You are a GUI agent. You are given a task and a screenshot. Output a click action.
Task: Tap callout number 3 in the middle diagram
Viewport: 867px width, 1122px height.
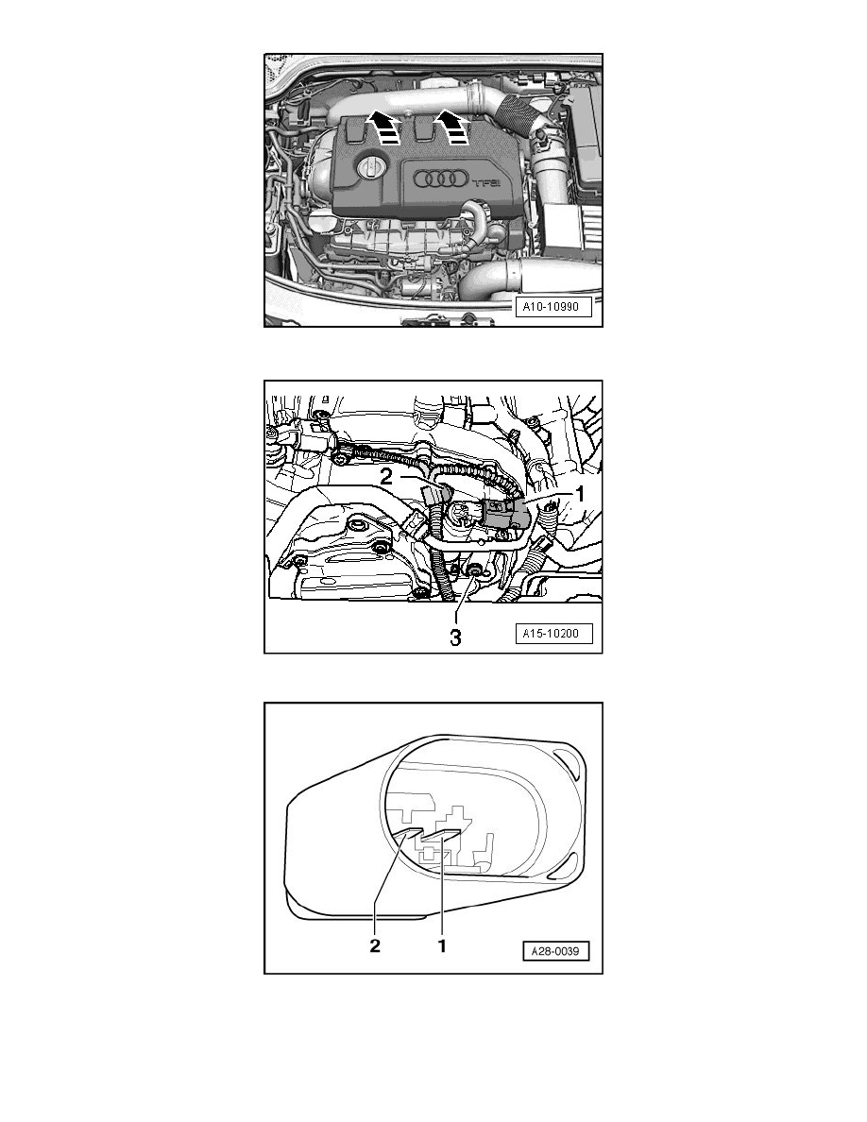[x=455, y=637]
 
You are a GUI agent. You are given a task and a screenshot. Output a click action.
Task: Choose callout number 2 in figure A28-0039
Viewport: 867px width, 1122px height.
[x=375, y=943]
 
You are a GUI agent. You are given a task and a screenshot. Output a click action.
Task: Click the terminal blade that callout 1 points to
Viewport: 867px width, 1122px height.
[x=440, y=835]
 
